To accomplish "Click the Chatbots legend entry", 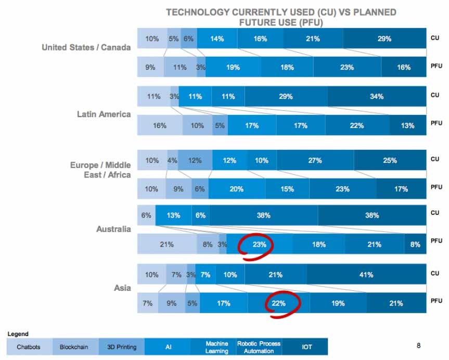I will click(28, 346).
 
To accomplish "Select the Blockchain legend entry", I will click(73, 346).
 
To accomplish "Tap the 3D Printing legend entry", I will click(121, 346).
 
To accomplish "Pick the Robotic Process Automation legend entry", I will click(259, 347).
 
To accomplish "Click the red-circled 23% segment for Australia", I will click(259, 245).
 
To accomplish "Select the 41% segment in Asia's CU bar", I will click(366, 275).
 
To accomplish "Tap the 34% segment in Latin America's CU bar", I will click(377, 96).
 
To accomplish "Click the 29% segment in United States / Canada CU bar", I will click(384, 38).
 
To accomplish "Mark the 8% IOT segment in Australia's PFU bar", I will click(415, 245).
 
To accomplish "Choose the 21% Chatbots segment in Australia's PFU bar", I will click(166, 245).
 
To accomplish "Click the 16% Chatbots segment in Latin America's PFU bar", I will click(160, 125).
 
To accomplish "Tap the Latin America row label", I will click(100, 114).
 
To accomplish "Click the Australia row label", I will click(113, 229).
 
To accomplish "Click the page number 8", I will click(419, 345).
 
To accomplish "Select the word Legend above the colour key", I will click(18, 334).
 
